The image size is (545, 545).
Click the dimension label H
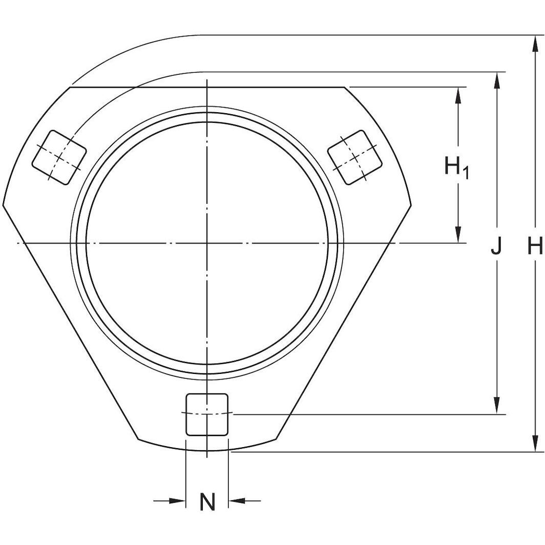coord(535,247)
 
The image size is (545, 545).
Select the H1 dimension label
coord(455,167)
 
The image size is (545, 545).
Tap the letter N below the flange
coord(207,502)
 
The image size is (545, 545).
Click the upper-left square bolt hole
coord(59,157)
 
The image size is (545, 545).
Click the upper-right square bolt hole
coord(355,157)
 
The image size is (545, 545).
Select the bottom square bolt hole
coord(207,414)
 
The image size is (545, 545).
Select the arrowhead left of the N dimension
coord(179,500)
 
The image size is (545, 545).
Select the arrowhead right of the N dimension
coord(235,500)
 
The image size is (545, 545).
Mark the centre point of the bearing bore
coord(207,242)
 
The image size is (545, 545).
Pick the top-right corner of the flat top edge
coord(344,88)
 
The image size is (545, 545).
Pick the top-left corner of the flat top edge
coord(70,88)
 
